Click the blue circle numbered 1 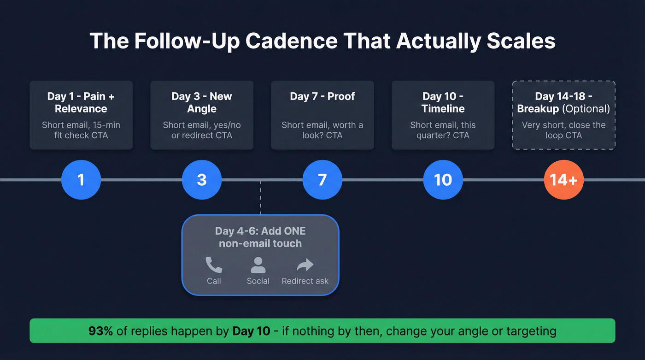tap(81, 179)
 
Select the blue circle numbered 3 tap(202, 179)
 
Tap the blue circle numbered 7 tap(322, 179)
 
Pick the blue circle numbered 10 tap(443, 179)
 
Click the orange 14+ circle tap(564, 179)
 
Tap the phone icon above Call tap(214, 265)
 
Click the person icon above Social tap(258, 265)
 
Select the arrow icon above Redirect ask tap(305, 265)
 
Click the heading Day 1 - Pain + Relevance tap(81, 102)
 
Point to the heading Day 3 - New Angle tap(202, 102)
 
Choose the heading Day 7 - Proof tap(322, 96)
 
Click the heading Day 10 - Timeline tap(443, 102)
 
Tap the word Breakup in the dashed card tap(536, 109)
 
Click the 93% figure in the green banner tap(100, 331)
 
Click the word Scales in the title tap(521, 41)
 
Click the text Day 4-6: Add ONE tap(260, 231)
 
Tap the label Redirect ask tap(305, 281)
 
